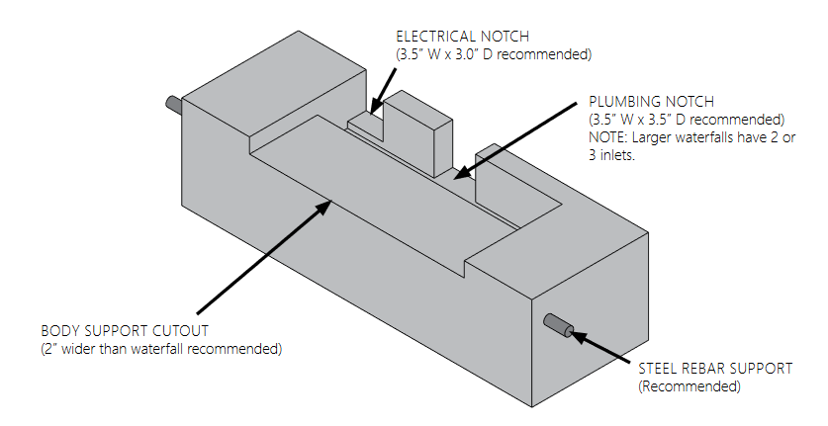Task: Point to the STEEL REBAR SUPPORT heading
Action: coord(715,369)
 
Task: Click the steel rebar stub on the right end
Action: coord(558,325)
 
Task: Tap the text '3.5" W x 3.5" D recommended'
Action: coord(686,120)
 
